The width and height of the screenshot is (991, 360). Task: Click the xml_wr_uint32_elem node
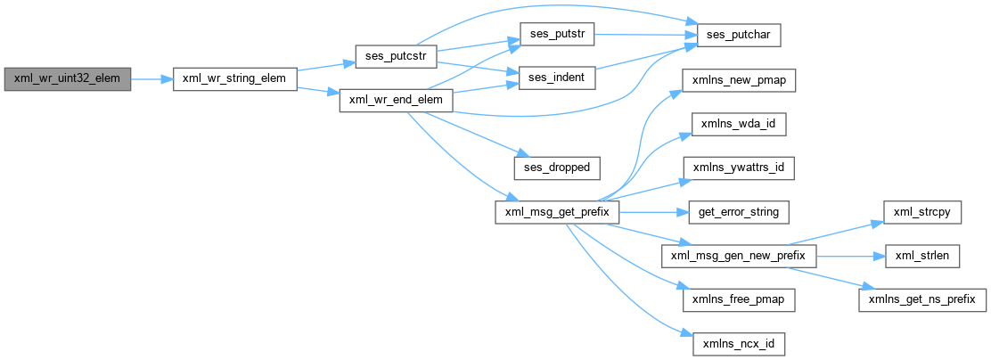[x=68, y=78]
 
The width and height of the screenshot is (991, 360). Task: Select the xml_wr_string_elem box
[x=233, y=78]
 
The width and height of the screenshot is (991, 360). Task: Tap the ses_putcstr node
[x=393, y=56]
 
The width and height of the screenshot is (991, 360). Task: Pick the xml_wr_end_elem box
[x=397, y=101]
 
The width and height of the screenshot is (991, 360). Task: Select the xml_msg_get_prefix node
[x=557, y=211]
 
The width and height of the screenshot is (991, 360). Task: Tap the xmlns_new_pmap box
[x=738, y=78]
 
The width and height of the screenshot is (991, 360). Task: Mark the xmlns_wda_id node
[x=738, y=123]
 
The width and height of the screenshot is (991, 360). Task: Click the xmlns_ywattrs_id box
[x=738, y=167]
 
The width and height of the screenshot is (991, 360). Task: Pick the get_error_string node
[x=738, y=211]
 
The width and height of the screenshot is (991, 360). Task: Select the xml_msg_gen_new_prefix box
[x=738, y=255]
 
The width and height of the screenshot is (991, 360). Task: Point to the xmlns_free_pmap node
[x=738, y=299]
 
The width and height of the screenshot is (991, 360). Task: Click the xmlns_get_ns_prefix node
[x=922, y=299]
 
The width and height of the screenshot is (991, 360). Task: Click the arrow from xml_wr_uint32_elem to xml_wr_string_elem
[x=152, y=78]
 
